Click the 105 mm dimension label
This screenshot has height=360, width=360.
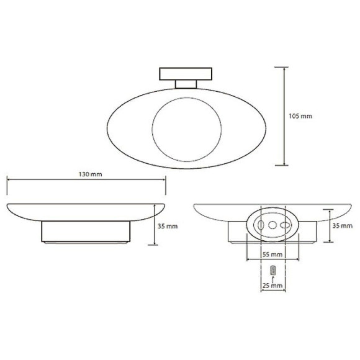point(302,116)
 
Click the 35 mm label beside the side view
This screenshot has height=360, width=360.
point(168,226)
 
